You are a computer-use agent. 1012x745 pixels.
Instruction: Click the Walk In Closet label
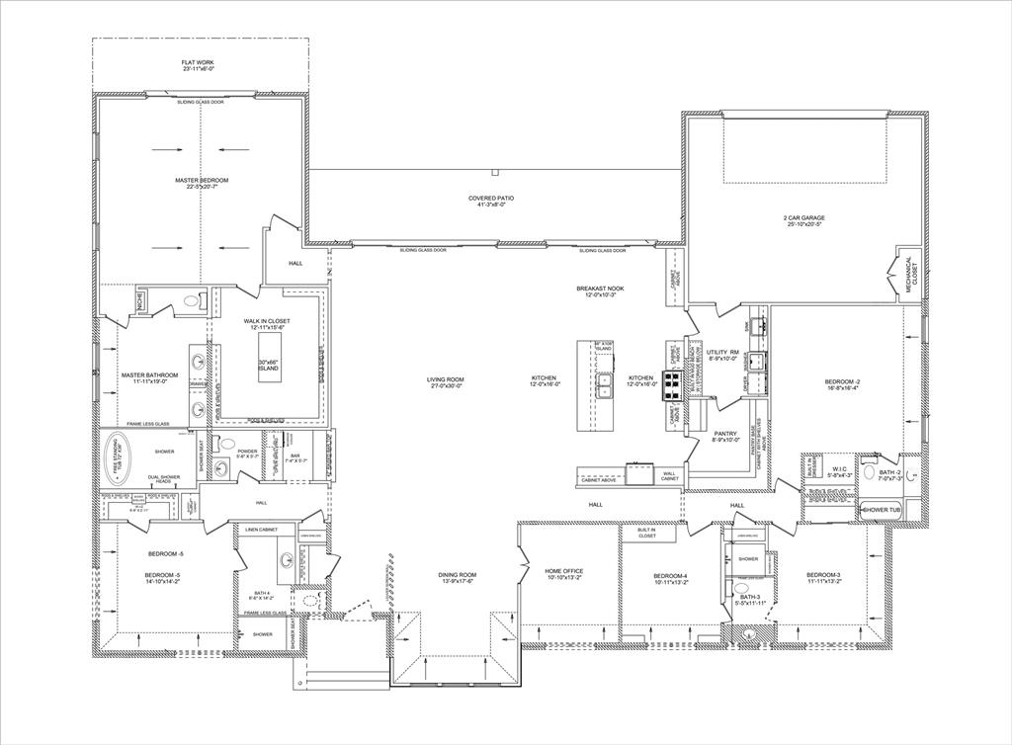click(267, 324)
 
